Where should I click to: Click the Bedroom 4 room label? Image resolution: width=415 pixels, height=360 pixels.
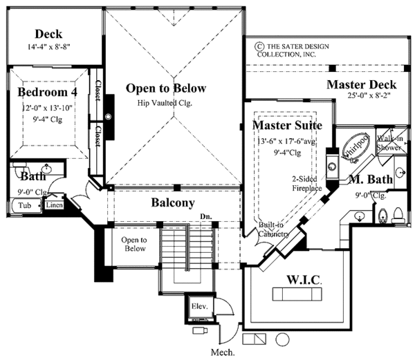tap(47, 92)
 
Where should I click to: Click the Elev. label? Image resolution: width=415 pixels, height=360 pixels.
tap(199, 305)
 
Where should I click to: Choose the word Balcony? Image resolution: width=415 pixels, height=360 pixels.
tap(173, 203)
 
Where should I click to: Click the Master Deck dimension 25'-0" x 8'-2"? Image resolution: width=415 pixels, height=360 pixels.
tap(372, 97)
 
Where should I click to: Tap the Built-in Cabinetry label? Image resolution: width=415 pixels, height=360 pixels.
tap(273, 230)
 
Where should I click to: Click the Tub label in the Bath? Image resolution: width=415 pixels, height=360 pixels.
tap(24, 205)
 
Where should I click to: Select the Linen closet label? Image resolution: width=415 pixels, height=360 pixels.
tap(54, 205)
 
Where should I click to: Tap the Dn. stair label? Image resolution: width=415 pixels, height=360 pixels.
tap(205, 216)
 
